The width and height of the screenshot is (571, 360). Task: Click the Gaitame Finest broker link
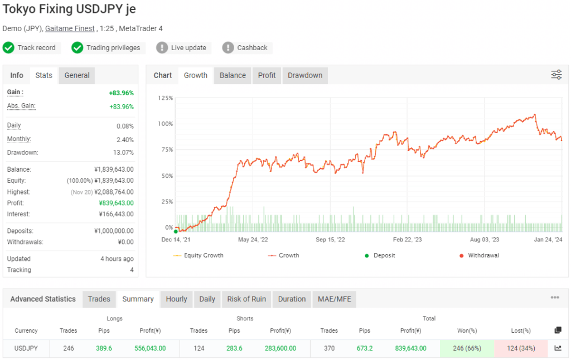70,28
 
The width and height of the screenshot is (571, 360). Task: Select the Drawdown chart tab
305,75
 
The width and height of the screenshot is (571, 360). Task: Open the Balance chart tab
233,75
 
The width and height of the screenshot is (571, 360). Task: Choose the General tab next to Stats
77,75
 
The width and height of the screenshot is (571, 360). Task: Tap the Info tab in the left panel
17,75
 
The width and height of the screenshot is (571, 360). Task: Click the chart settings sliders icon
556,75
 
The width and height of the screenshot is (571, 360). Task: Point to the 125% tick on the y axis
166,98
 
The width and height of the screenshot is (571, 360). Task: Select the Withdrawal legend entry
483,255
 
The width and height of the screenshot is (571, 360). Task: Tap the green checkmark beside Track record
8,47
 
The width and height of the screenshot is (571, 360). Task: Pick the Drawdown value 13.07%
123,152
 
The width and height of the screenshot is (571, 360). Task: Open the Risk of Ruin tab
246,299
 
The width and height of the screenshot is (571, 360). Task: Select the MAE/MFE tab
333,299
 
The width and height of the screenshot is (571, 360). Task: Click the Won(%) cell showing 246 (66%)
467,348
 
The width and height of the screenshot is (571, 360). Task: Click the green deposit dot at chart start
176,231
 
